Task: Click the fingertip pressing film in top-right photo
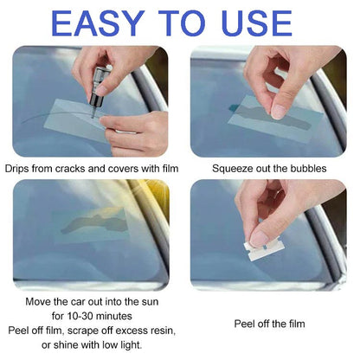tap(279, 108)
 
